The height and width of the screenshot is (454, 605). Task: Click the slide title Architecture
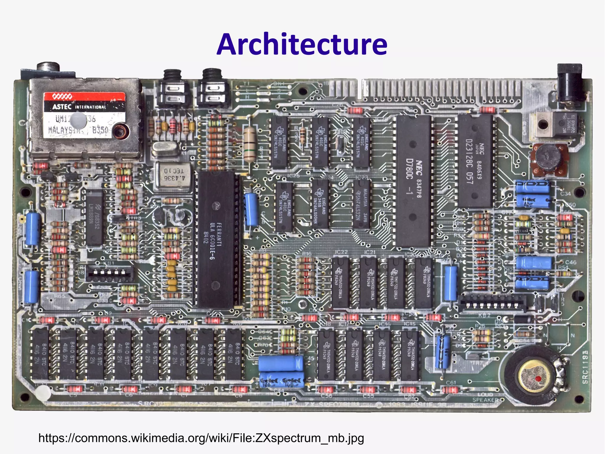[x=302, y=44]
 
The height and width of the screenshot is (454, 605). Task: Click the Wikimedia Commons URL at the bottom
[x=201, y=438]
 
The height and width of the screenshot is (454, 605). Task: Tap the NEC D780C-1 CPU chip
[x=413, y=181]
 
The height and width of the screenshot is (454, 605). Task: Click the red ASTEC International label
[x=84, y=102]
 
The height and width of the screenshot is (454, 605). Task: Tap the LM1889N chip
[x=95, y=217]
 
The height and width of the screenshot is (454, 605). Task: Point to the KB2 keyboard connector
[x=492, y=303]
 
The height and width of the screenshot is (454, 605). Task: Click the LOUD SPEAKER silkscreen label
[x=486, y=397]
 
